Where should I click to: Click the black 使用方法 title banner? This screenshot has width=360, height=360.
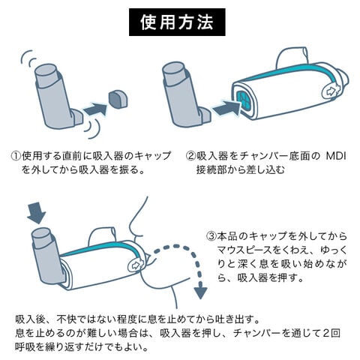(x=177, y=22)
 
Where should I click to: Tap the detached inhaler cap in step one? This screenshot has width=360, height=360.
(x=118, y=99)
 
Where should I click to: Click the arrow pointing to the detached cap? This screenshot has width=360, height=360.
(x=96, y=109)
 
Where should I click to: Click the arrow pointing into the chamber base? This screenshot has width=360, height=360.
(x=226, y=108)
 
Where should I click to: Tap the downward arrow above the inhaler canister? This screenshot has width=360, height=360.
(x=37, y=214)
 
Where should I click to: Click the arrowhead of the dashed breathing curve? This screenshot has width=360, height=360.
(x=200, y=292)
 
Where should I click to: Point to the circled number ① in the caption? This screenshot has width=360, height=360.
(x=16, y=156)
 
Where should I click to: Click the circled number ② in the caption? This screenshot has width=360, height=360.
(x=190, y=156)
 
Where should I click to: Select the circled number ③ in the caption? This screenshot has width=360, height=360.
(x=211, y=236)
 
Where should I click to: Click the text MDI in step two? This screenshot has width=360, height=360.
(x=336, y=156)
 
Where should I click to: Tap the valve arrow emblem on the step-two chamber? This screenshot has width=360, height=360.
(x=331, y=91)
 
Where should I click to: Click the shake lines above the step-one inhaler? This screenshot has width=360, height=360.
(x=28, y=58)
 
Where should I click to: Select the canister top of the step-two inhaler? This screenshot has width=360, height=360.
(x=173, y=69)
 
